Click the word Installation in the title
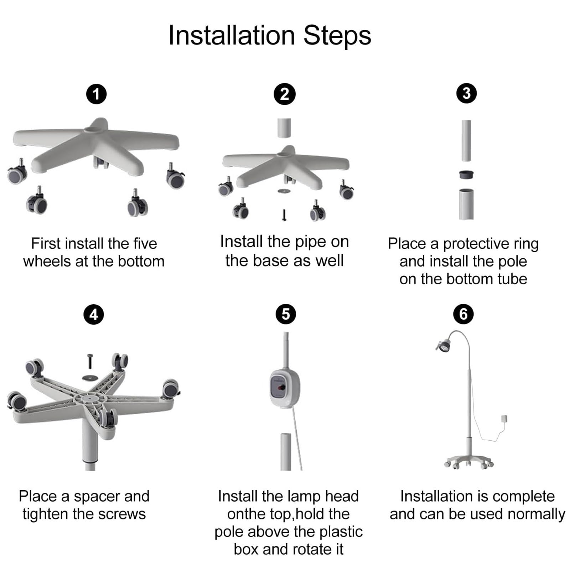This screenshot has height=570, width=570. tap(232, 36)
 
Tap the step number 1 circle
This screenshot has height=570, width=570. tap(97, 94)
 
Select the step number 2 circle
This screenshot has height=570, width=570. tap(284, 94)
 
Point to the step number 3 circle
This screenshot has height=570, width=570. tap(466, 93)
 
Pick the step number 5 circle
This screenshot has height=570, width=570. tap(286, 314)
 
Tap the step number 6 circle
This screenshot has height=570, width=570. tap(463, 314)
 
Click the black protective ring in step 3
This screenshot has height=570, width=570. tap(466, 175)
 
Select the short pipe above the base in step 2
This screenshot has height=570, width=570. tap(284, 128)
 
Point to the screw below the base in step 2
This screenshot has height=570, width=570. tap(284, 215)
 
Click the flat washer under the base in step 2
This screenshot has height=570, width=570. tap(284, 191)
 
